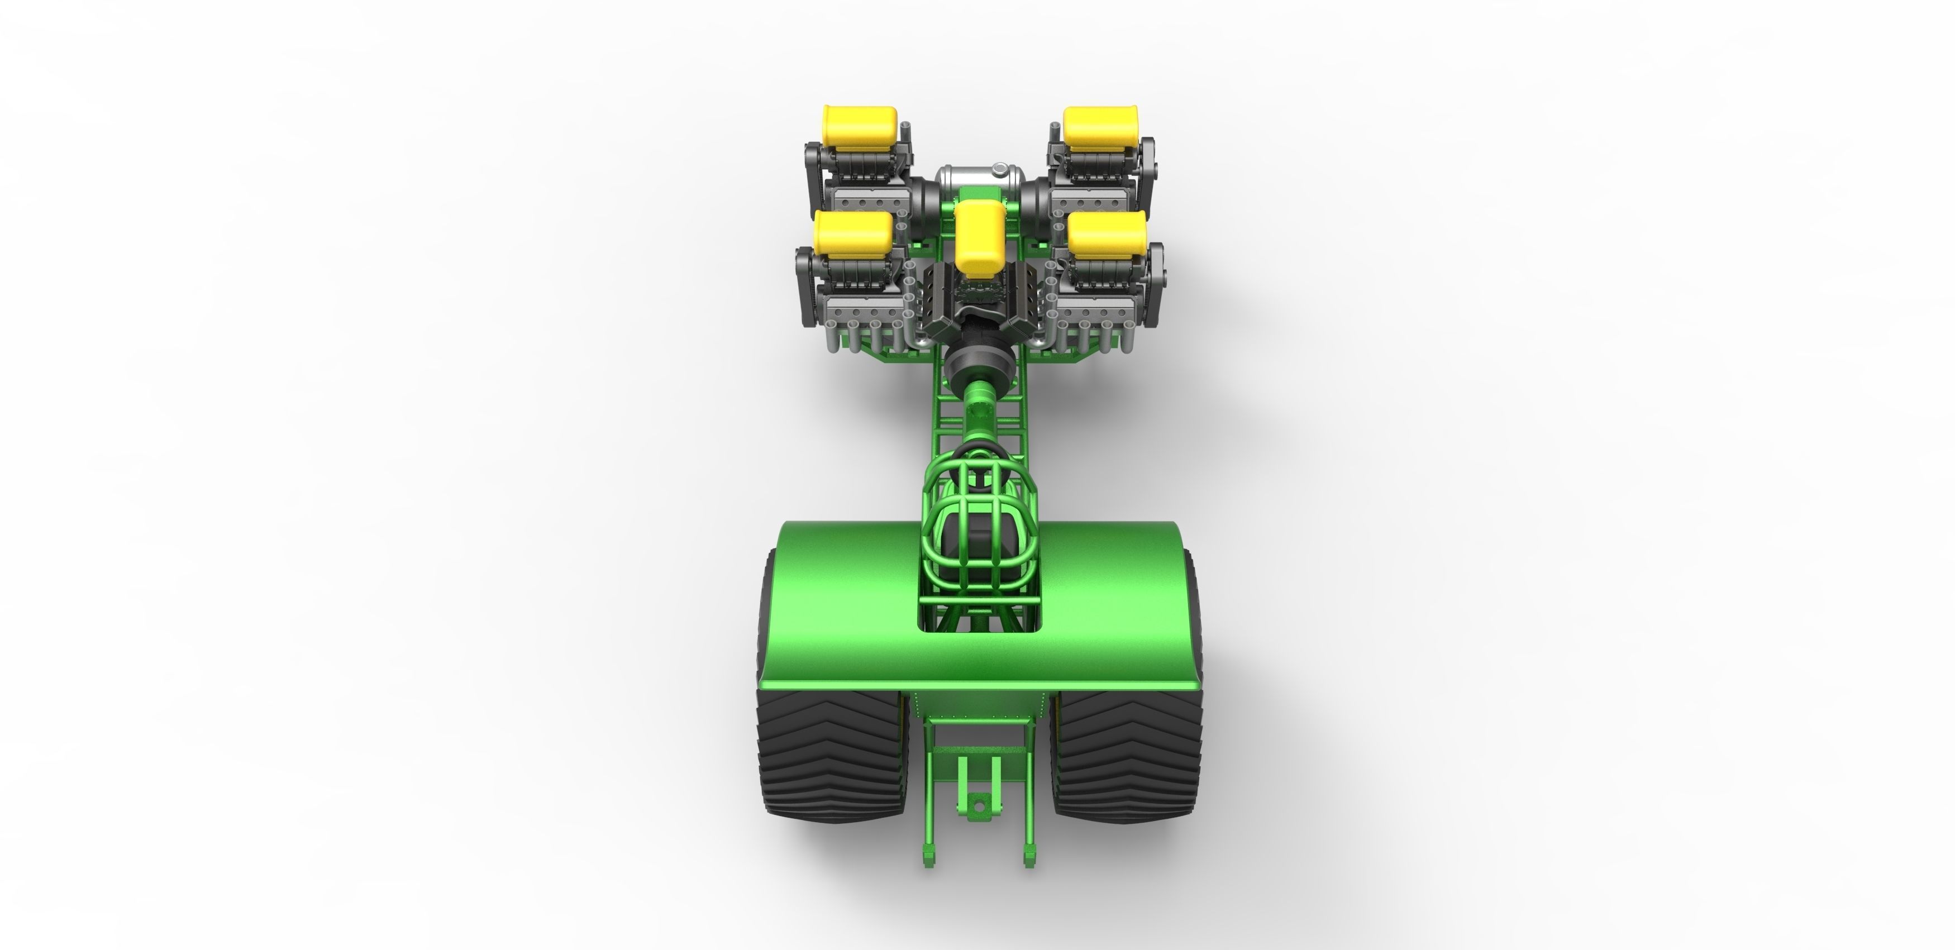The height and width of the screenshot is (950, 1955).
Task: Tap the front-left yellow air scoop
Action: tap(859, 127)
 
